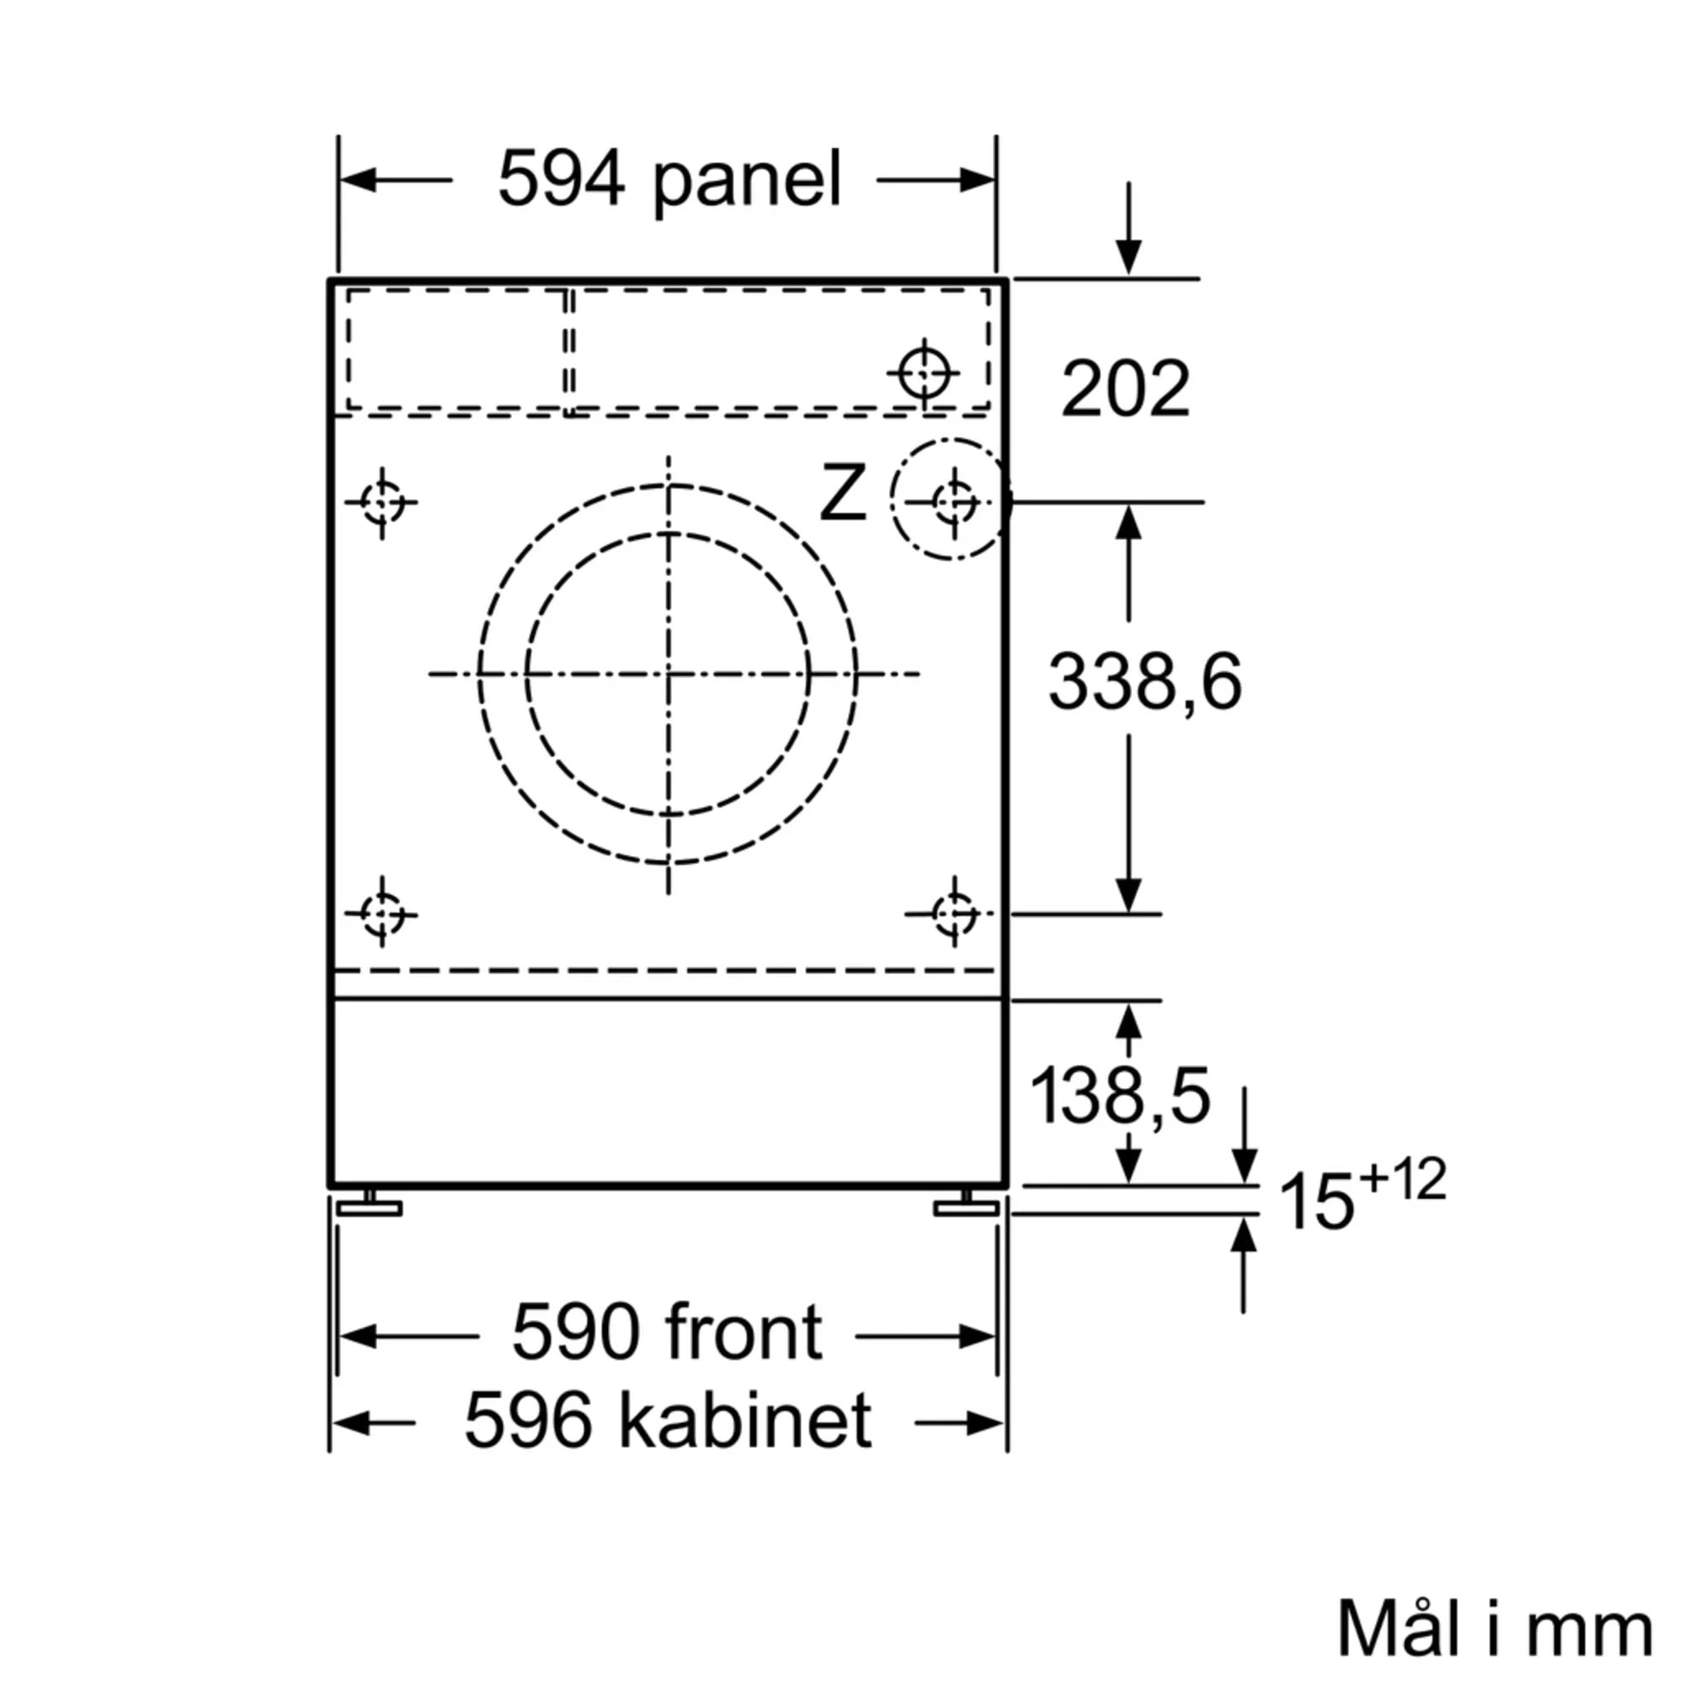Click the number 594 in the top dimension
561,179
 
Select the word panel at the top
747,181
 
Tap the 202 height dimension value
1124,389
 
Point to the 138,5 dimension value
1120,1095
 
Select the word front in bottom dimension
743,1333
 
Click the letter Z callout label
842,494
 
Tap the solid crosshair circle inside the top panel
923,373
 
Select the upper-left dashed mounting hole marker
381,502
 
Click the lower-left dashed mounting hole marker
381,914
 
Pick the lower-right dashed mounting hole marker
954,914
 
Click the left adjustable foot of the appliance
370,1207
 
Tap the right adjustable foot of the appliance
966,1207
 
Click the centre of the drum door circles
668,674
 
